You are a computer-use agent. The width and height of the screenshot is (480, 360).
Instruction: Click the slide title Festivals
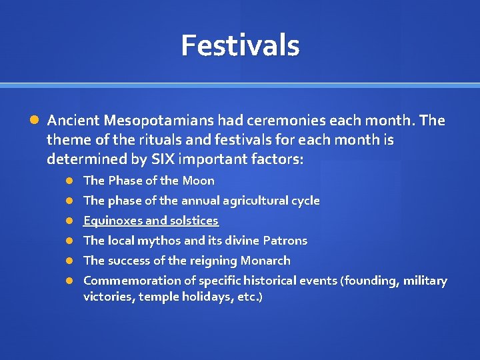pyautogui.click(x=240, y=45)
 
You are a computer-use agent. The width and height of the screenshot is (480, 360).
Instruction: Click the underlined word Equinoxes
pyautogui.click(x=112, y=221)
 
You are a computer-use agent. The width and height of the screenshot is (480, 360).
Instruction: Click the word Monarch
pyautogui.click(x=265, y=261)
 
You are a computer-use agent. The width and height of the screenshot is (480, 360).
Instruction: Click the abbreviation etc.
pyautogui.click(x=247, y=297)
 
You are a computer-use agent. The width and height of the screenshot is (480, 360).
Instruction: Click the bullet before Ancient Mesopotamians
pyautogui.click(x=35, y=121)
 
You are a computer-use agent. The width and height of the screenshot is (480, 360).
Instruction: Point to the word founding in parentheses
pyautogui.click(x=369, y=281)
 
